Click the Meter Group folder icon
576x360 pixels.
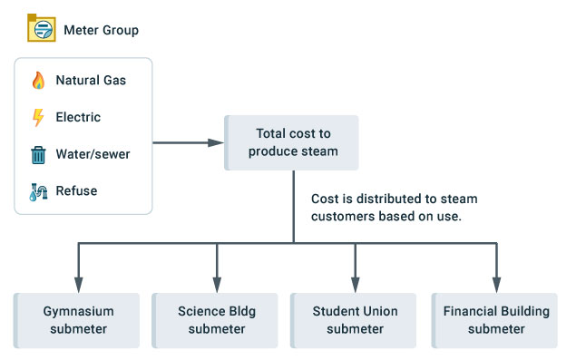coord(40,29)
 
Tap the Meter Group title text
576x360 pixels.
coord(101,30)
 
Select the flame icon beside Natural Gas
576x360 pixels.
coord(38,81)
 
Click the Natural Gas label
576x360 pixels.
coord(91,81)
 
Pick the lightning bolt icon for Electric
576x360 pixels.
coord(38,118)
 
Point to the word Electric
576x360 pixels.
coord(78,118)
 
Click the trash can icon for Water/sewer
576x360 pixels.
coord(38,155)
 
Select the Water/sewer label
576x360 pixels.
coord(93,155)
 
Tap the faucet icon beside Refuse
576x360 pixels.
coord(38,191)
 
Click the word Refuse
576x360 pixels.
coord(76,191)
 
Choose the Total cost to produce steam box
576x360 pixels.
coord(292,142)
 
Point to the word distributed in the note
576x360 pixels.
coord(383,199)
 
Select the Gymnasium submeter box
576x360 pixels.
coord(77,320)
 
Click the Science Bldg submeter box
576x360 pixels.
coord(216,320)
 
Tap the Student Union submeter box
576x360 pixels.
coord(354,320)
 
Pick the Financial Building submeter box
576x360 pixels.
coord(495,320)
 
